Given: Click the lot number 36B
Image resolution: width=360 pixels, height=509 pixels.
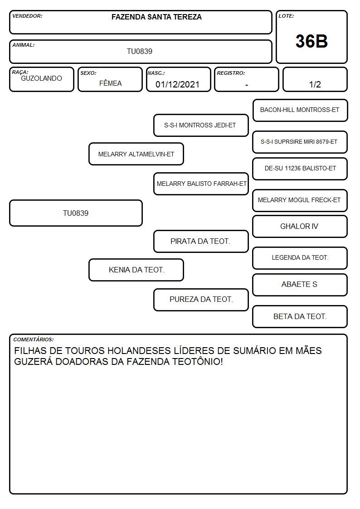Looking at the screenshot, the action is (x=311, y=41).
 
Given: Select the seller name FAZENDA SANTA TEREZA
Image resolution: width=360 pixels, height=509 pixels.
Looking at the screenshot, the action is (x=156, y=17).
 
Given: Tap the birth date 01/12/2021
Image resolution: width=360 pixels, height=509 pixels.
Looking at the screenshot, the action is (x=177, y=84).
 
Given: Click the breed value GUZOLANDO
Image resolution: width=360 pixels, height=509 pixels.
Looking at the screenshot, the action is (x=41, y=78).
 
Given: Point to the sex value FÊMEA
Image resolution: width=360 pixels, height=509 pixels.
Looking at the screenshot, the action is (x=110, y=83).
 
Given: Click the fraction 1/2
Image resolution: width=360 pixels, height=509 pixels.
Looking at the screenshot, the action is (x=315, y=84).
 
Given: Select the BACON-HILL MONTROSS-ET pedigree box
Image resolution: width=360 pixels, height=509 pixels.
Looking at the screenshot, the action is (x=300, y=111).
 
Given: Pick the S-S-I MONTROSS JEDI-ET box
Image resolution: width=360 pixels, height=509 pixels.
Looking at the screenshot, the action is (x=201, y=125).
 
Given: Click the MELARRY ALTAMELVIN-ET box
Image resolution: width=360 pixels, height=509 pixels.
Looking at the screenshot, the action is (x=136, y=154).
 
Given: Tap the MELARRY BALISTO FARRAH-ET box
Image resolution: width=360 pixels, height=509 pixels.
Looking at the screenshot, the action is (x=201, y=184).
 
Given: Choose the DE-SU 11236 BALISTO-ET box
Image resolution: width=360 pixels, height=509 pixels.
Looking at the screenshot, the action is (x=300, y=169).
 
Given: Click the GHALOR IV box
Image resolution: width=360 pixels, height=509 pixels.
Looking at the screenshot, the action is (x=300, y=227).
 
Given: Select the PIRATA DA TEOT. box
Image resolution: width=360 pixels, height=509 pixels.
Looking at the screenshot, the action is (x=201, y=242).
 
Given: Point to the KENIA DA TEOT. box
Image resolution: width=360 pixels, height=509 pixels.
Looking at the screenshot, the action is (x=136, y=270).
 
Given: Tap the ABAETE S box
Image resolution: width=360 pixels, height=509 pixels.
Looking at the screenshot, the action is (x=300, y=285).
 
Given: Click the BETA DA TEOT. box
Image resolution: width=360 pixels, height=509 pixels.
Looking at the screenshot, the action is (x=300, y=316).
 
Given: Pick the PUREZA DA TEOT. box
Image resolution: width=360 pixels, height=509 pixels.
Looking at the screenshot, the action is (x=201, y=300).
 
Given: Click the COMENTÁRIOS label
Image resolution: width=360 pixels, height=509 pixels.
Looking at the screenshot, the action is (x=34, y=339).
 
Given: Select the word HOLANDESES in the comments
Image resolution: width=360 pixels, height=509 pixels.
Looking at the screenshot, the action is (x=139, y=350).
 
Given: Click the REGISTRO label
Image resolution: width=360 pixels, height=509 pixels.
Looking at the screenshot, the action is (x=231, y=73).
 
